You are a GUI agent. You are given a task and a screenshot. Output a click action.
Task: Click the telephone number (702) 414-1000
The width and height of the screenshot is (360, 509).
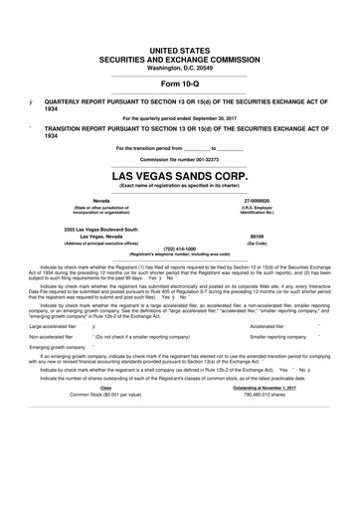point(179,248)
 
